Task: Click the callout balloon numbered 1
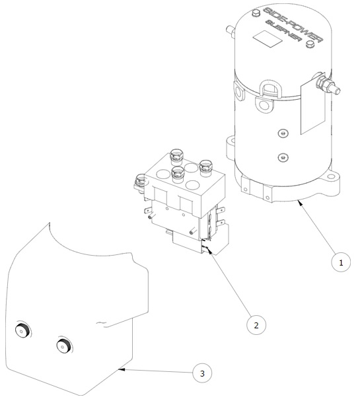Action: tap(341, 262)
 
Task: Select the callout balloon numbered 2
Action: tap(256, 325)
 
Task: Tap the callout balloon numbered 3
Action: tap(202, 373)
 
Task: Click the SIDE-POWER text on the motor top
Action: tap(293, 25)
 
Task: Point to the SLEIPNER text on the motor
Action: tap(283, 34)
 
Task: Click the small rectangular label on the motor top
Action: tap(268, 39)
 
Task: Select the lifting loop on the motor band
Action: tap(271, 89)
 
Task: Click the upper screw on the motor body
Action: tap(283, 133)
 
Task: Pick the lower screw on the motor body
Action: tap(283, 157)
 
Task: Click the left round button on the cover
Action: tap(22, 330)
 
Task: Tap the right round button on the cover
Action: tap(63, 346)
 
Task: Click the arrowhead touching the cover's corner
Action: tap(121, 369)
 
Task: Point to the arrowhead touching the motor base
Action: tap(300, 203)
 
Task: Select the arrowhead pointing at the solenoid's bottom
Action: tap(210, 251)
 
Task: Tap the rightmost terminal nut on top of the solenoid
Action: tap(206, 166)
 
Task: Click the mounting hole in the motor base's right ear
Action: tap(331, 176)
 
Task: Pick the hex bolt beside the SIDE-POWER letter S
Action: tap(256, 13)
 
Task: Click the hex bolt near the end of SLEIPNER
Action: tap(310, 44)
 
